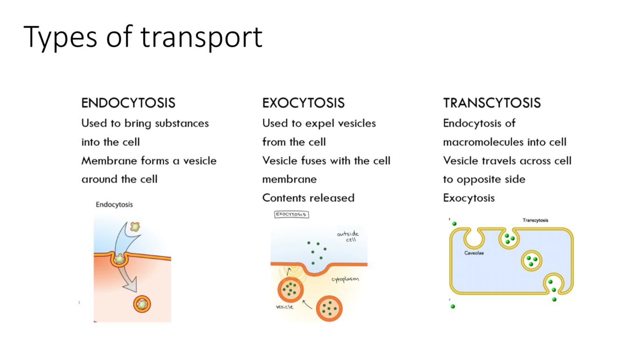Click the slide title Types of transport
143,37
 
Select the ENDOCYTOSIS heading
128,103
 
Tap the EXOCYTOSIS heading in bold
303,103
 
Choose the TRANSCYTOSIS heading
492,103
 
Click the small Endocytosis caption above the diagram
114,204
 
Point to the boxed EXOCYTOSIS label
291,215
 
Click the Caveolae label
474,253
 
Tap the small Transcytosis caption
535,220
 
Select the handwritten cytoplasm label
345,279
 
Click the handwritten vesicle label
284,307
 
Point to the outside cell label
348,236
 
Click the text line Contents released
308,198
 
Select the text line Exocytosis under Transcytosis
469,198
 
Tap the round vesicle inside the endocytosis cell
142,304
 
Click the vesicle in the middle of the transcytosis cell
531,261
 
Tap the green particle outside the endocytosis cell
135,227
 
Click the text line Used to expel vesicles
319,123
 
